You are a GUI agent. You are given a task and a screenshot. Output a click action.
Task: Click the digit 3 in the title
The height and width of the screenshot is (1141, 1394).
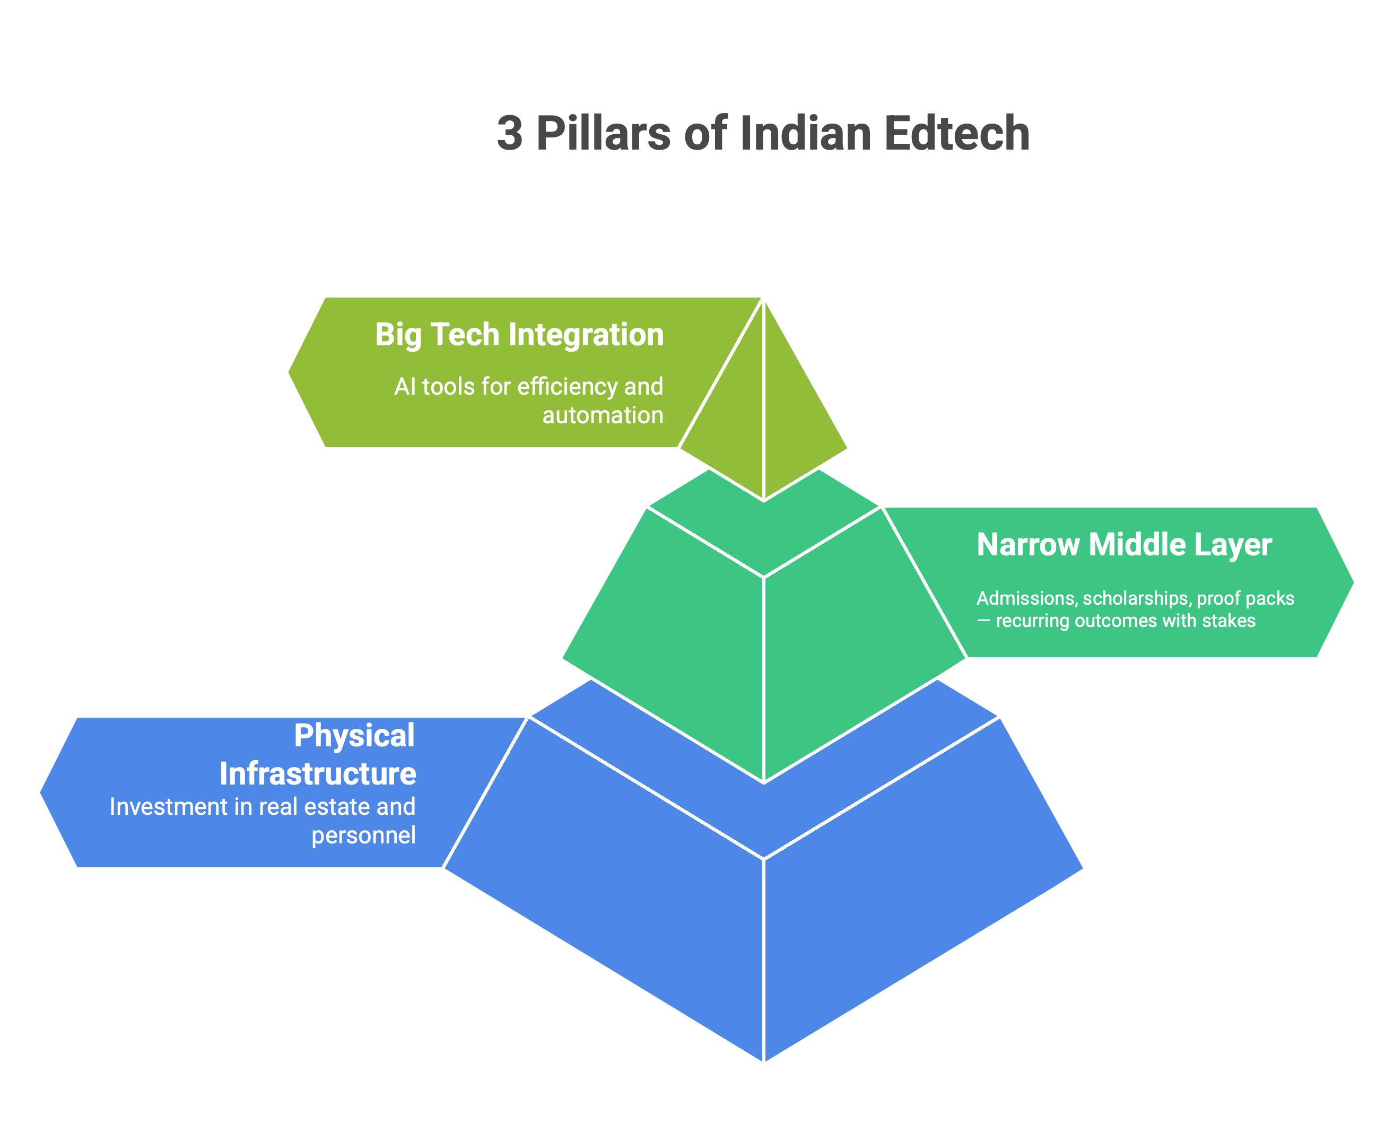(509, 134)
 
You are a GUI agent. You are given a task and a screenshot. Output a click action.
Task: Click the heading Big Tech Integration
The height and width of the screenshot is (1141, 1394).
(519, 335)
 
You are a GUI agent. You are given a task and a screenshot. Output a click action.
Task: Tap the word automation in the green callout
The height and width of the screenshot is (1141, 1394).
(603, 415)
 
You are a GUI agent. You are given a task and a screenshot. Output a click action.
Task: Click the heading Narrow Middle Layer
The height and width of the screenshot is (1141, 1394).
(1124, 545)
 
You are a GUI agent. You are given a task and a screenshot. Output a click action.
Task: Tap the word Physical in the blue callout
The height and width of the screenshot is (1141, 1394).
(354, 736)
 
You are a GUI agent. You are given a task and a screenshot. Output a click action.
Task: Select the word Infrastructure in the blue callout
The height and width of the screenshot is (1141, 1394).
(317, 773)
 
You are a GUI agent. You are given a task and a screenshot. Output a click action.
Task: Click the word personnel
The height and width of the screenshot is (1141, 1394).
(363, 835)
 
